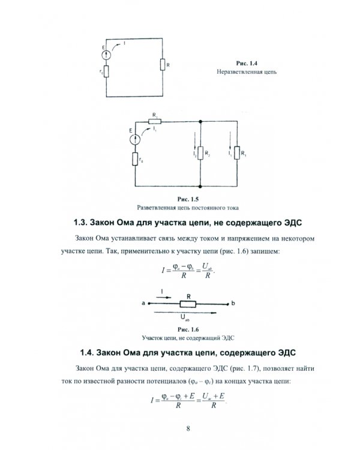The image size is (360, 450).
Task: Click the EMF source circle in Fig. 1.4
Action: [107, 55]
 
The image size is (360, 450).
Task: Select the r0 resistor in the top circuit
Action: [107, 73]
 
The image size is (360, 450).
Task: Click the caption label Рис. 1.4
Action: [248, 63]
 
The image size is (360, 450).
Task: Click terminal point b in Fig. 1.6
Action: [233, 304]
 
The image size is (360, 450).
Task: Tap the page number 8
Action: [188, 428]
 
